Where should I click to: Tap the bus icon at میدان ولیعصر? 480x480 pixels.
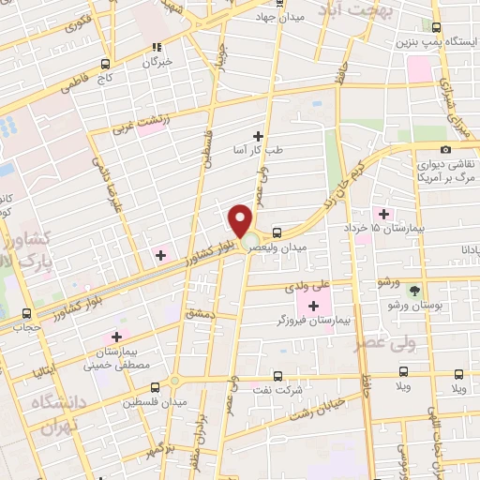[x=277, y=232]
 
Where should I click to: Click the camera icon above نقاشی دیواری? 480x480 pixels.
[x=444, y=149]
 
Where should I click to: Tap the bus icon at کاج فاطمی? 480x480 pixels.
[x=104, y=65]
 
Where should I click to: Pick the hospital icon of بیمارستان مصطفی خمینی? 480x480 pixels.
[x=116, y=336]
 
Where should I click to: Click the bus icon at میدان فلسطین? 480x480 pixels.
[x=174, y=382]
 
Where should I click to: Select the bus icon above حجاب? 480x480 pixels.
[x=25, y=314]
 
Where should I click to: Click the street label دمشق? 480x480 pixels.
[x=201, y=314]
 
